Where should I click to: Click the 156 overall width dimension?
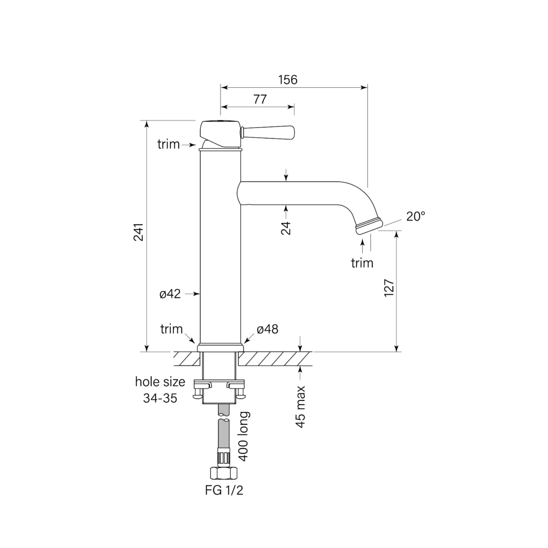pos(287,80)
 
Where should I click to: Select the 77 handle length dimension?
pos(260,99)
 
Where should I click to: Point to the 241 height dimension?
pos(139,232)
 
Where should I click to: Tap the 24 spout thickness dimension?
pos(286,228)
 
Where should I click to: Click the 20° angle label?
pos(415,216)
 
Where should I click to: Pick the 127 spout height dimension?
pos(389,288)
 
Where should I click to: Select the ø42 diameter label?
pos(170,294)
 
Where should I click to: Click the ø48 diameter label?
pos(268,329)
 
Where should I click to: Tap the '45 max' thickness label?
pos(301,407)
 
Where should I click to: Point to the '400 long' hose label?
pos(243,436)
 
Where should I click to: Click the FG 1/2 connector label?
pos(224,490)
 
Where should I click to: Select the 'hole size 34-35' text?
pos(160,390)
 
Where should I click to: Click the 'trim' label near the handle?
pos(169,144)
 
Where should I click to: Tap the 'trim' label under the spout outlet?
pos(362,263)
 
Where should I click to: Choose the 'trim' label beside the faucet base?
pos(172,329)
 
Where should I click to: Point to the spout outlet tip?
pos(369,226)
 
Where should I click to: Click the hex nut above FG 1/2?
pos(224,474)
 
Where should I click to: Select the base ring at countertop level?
pos(220,348)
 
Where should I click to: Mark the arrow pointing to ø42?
pos(192,294)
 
